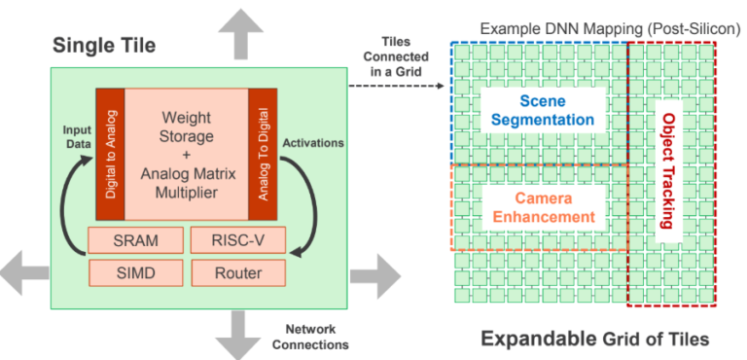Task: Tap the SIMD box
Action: tap(134, 273)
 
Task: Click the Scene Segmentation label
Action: tap(542, 110)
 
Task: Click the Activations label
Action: tap(313, 143)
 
